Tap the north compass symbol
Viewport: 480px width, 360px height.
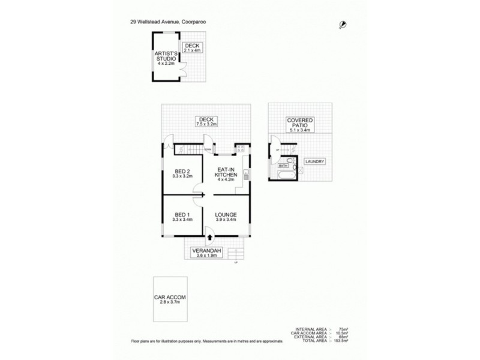pyautogui.click(x=342, y=23)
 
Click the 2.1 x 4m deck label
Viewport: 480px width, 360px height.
pyautogui.click(x=192, y=48)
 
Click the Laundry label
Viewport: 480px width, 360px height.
pyautogui.click(x=314, y=162)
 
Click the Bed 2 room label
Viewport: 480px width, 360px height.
pyautogui.click(x=182, y=174)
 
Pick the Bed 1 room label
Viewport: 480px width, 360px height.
pyautogui.click(x=182, y=217)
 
